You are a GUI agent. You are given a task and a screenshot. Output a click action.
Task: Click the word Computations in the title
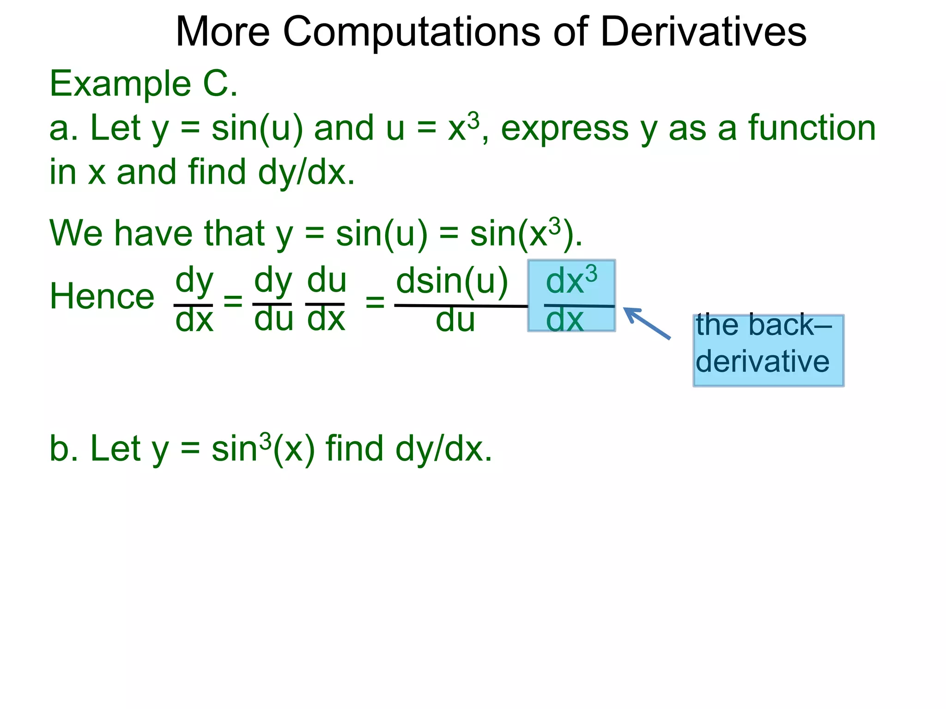(411, 32)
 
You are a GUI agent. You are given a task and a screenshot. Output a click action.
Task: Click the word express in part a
(564, 128)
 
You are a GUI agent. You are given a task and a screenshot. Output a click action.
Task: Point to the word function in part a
(812, 128)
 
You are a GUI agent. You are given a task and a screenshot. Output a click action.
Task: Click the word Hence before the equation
(102, 296)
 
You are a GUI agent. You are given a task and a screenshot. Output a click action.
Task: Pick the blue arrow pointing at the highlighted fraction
(647, 323)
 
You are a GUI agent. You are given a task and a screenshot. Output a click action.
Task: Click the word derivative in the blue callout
(763, 361)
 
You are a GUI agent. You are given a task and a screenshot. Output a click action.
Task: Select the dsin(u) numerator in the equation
(452, 282)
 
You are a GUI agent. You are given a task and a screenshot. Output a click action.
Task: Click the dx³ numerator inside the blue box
(571, 281)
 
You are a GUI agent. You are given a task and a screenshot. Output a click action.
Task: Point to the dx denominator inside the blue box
(565, 319)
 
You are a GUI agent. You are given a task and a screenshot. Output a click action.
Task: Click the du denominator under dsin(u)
(455, 320)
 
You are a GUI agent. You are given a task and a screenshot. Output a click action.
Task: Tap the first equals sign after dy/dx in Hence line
(233, 302)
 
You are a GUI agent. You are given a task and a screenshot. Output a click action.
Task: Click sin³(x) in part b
(263, 449)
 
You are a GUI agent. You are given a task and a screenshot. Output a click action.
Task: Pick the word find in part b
(354, 449)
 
